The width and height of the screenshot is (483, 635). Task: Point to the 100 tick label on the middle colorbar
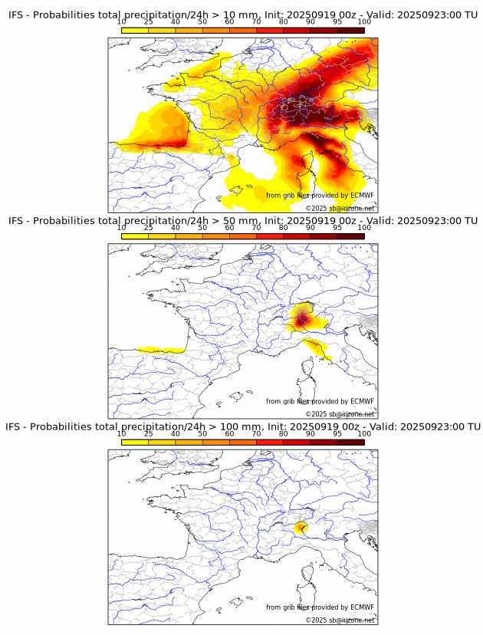[364, 228]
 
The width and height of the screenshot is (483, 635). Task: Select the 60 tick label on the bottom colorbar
[229, 433]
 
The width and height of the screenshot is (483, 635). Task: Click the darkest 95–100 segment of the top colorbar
[351, 30]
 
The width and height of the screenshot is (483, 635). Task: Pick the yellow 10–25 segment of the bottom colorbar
[135, 443]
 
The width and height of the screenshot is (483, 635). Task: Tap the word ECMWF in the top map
[362, 196]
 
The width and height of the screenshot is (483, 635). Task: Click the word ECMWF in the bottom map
[362, 607]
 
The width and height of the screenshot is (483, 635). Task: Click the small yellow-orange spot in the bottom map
[301, 528]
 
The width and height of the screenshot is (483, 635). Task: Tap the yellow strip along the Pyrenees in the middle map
[161, 350]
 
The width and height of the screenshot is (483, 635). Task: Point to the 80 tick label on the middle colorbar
[284, 228]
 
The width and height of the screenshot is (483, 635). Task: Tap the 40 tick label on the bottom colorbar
[176, 433]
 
